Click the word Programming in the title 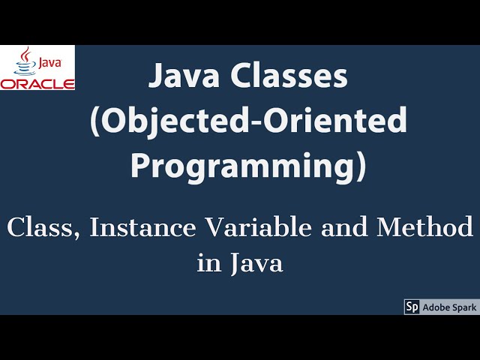click(x=241, y=165)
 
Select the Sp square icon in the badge click(x=412, y=307)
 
